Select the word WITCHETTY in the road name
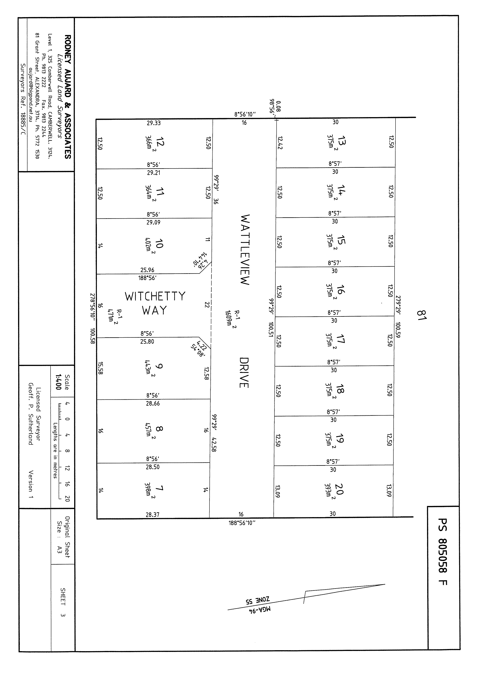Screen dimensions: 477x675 [x=155, y=296]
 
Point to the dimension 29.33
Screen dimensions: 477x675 [x=154, y=123]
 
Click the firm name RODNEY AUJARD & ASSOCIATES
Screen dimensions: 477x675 [x=68, y=97]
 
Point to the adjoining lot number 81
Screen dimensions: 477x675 [x=421, y=315]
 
